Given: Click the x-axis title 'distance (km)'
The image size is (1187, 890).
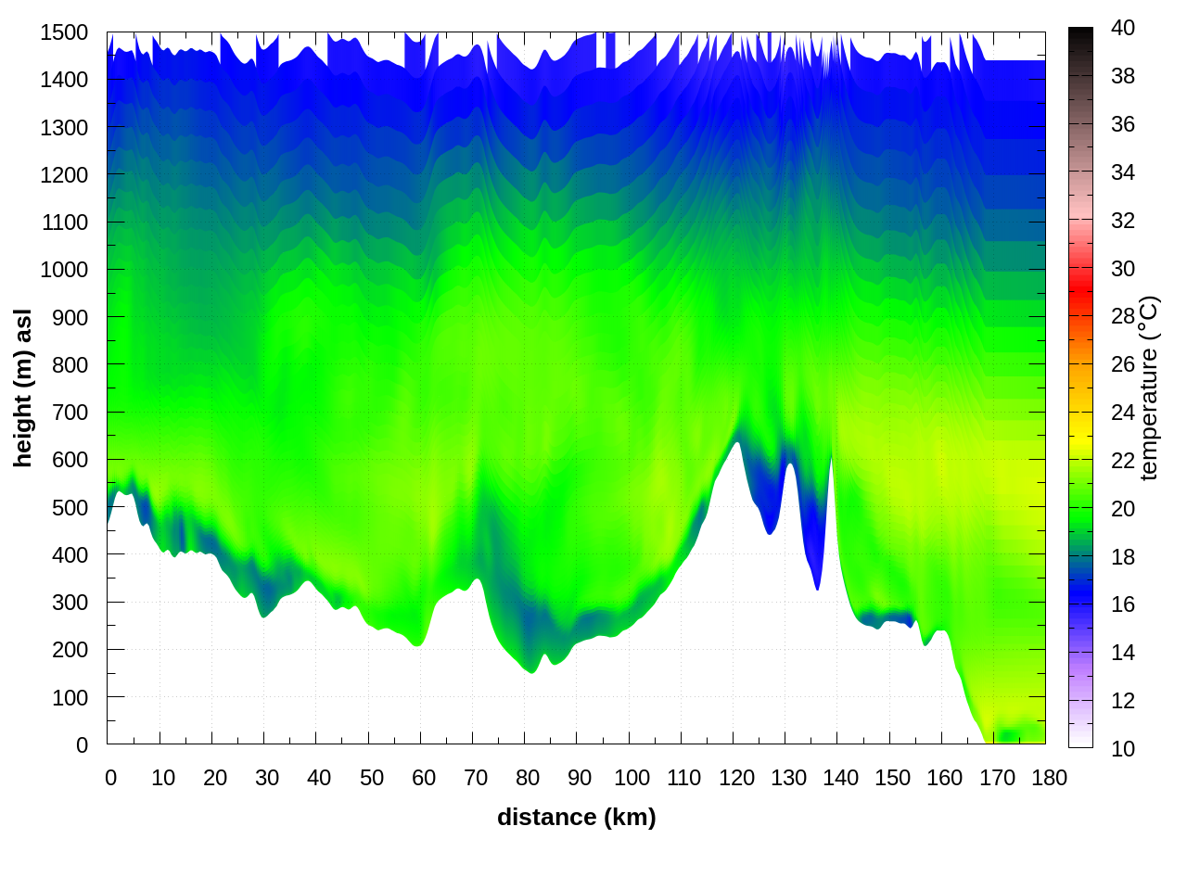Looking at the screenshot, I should (576, 817).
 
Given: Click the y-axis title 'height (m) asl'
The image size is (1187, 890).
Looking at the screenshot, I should (23, 388).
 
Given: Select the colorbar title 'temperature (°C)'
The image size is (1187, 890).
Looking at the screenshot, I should (1149, 388).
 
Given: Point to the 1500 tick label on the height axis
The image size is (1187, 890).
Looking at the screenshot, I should (64, 32).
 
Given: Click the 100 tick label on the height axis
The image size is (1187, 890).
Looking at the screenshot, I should (70, 697).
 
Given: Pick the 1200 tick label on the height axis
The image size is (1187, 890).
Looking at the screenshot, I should (64, 175).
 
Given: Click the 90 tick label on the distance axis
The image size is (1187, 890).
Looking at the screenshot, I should (580, 778).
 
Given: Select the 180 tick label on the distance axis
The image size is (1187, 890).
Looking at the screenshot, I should (1049, 778).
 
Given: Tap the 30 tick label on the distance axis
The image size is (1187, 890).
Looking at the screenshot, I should (267, 778).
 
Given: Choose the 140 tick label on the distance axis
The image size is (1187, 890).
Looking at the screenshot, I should (840, 778).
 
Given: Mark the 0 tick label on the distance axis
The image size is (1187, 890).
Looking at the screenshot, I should (111, 778).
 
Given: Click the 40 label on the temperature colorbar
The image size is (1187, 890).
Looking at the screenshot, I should (1123, 28).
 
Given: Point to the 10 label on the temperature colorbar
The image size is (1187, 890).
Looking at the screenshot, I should (1123, 748).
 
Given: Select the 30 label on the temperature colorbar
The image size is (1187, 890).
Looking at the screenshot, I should (1123, 269).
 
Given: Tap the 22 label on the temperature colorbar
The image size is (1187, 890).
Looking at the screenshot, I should (1123, 461).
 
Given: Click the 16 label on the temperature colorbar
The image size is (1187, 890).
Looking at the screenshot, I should (1123, 604).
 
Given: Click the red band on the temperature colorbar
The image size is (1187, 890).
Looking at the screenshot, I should (1080, 274).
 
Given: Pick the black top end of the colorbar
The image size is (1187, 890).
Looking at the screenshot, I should (1080, 35).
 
